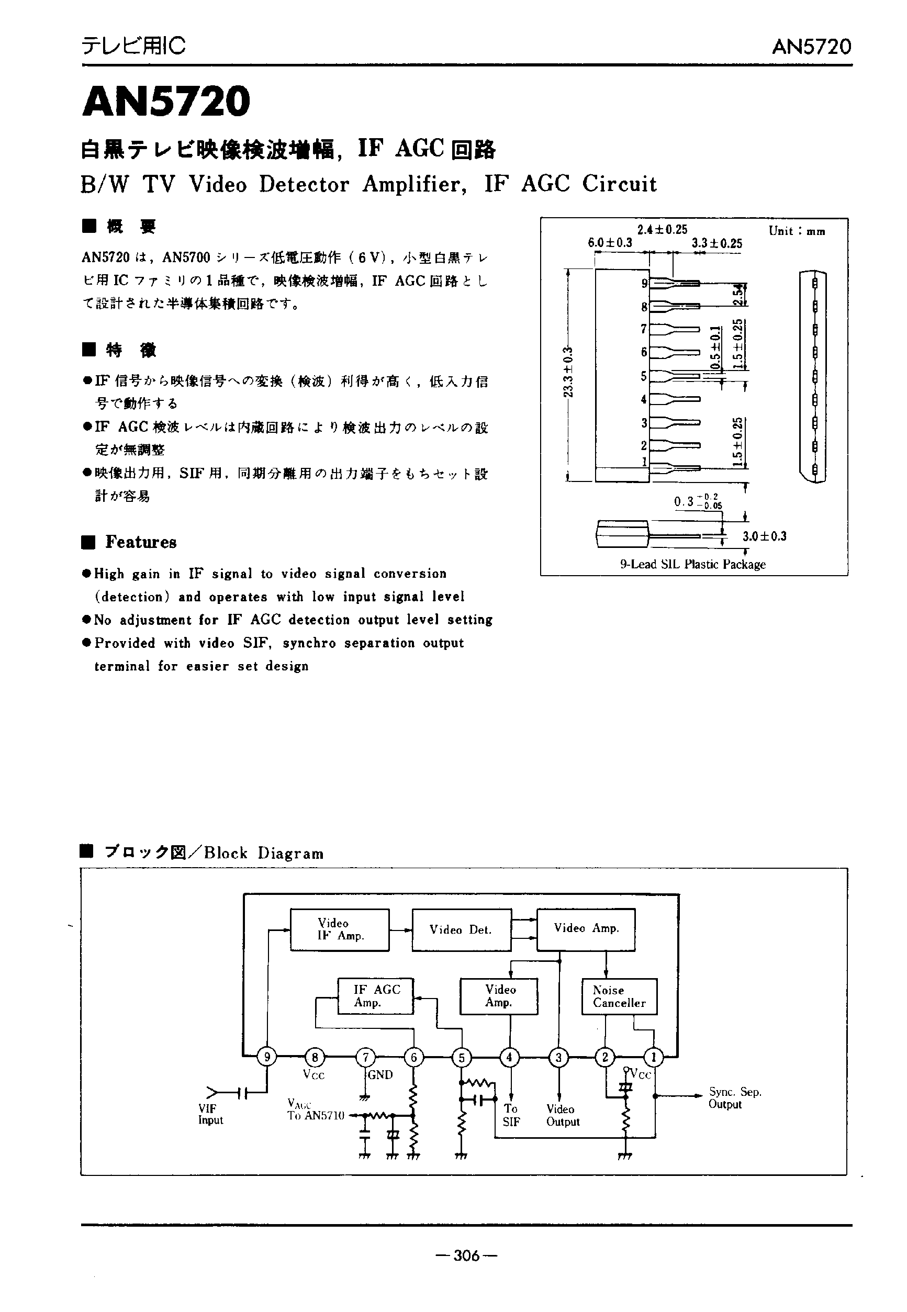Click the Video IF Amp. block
coord(340,929)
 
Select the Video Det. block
coord(461,929)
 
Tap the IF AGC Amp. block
coord(376,995)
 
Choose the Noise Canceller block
coord(619,996)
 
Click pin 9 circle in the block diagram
coord(266,1057)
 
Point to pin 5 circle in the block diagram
coord(462,1057)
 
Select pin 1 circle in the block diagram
coord(654,1057)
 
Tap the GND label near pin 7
coord(380,1074)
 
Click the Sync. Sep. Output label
coord(734,1098)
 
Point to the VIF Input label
coord(210,1114)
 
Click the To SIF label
coord(511,1115)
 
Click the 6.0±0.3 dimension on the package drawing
coord(610,243)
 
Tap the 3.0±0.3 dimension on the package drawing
coord(764,536)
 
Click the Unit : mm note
coord(797,231)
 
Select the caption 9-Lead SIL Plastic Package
coord(693,564)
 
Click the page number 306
coord(466,1255)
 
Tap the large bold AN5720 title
coord(166,101)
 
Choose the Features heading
coord(140,542)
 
